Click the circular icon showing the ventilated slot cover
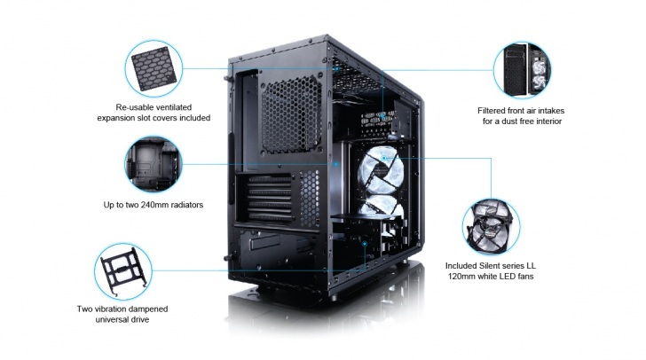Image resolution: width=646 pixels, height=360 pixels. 154,68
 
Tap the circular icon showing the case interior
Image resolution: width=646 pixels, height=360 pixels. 154,164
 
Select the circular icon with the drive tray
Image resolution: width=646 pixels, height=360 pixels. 123,271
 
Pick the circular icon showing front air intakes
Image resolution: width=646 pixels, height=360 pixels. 522,70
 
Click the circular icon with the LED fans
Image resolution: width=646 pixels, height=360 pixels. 491,227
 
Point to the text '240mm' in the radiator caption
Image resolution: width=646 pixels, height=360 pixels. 154,205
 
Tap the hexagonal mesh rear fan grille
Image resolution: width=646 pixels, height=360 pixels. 291,116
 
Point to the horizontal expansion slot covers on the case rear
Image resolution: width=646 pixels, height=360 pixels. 269,198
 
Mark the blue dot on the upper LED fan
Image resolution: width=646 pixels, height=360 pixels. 384,158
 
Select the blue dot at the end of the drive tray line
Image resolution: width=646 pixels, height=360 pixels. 365,244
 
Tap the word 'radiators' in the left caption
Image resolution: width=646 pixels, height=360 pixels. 185,205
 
